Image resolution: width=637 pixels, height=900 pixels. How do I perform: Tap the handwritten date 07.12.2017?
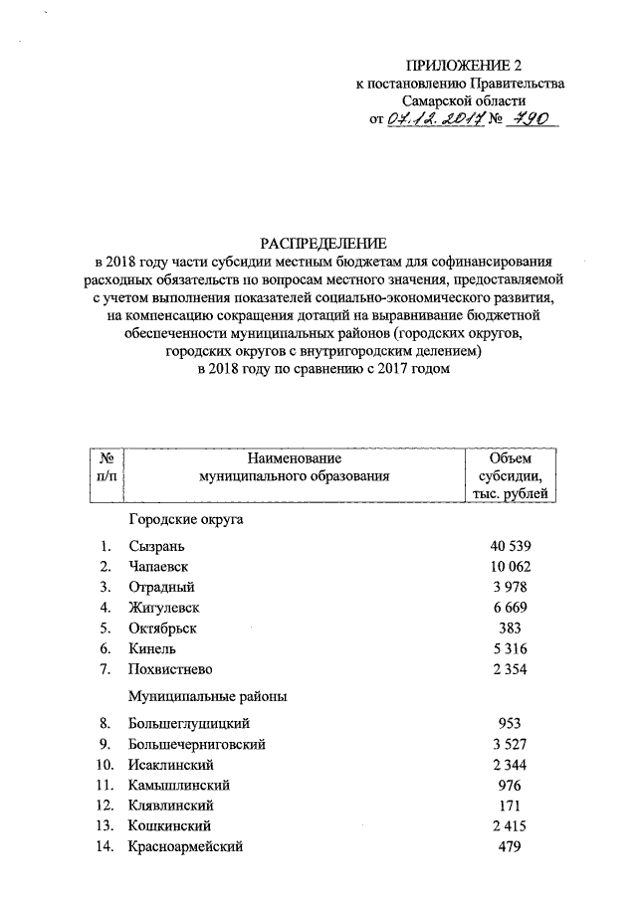point(435,119)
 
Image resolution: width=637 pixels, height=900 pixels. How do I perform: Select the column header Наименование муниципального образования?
point(293,467)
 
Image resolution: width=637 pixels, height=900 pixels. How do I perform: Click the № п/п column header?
point(106,467)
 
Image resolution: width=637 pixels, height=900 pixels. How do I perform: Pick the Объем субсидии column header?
point(513,476)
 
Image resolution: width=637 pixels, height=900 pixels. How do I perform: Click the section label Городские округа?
point(185,520)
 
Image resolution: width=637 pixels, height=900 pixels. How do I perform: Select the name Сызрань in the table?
point(156,546)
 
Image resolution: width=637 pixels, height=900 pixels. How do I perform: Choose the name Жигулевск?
point(164,608)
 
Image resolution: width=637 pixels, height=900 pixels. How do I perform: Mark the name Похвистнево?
point(170,669)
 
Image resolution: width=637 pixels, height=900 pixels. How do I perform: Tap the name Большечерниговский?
point(197,744)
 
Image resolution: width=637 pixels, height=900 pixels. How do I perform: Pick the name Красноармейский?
point(185,847)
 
